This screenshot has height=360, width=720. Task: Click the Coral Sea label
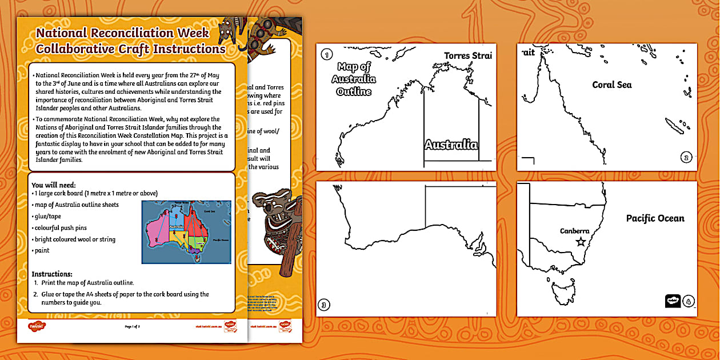611,85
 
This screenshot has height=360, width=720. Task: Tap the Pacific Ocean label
655,218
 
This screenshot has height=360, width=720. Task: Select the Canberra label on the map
574,231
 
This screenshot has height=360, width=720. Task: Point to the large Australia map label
451,145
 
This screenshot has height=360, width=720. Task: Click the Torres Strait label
467,55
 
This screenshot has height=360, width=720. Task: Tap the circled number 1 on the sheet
326,55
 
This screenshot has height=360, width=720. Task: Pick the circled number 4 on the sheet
688,301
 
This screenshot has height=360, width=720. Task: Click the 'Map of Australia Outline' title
354,79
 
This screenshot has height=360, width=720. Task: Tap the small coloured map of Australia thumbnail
186,231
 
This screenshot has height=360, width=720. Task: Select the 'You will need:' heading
54,185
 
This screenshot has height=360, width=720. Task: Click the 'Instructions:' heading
52,274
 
